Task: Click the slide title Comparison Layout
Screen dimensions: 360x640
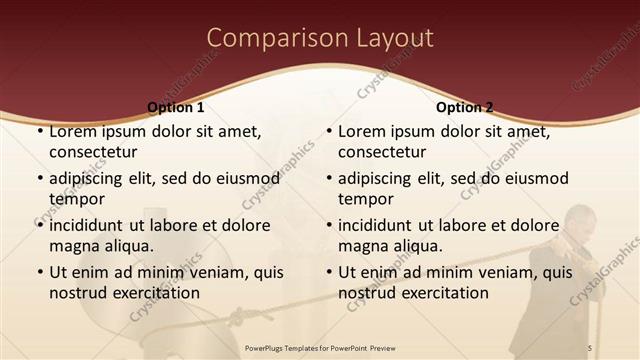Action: click(320, 38)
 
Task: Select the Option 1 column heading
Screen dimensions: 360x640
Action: click(176, 107)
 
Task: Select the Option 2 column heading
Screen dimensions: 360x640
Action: click(465, 107)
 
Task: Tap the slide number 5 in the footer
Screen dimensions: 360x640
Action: click(590, 346)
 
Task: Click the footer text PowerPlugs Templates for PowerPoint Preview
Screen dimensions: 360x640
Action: click(320, 346)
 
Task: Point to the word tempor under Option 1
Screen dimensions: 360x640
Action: click(76, 199)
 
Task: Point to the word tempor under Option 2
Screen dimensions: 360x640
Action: click(366, 199)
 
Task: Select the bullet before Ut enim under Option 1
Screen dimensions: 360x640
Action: click(39, 272)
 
